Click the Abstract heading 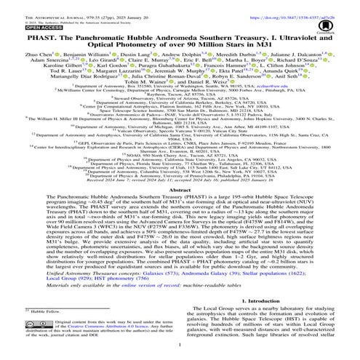coord(180,189)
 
